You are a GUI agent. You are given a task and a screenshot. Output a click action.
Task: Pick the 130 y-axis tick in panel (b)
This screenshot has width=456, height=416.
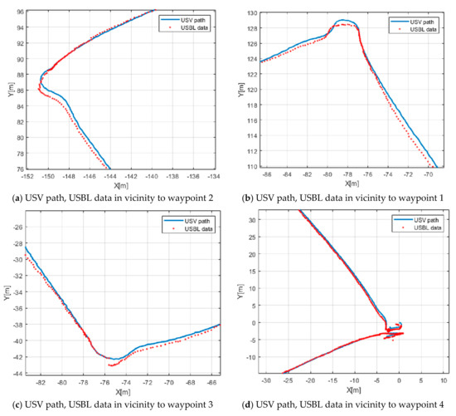[x=246, y=11]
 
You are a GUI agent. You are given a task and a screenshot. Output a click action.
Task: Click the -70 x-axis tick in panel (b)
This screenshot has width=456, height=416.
[x=429, y=176]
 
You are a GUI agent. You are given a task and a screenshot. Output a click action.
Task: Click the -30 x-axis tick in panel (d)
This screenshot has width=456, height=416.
[x=266, y=382]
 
